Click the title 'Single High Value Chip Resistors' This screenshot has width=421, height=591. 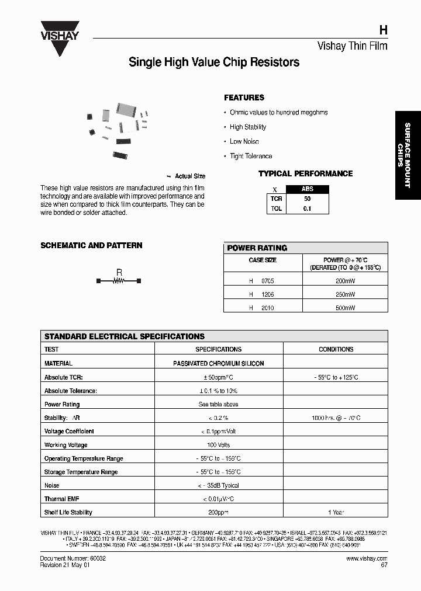click(x=214, y=62)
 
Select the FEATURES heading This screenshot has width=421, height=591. click(x=244, y=98)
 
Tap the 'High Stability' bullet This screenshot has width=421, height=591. click(x=247, y=127)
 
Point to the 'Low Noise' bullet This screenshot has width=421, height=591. click(x=244, y=141)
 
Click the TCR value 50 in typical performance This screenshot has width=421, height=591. click(x=307, y=199)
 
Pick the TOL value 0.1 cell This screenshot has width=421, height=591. click(x=307, y=208)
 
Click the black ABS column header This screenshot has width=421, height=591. click(x=307, y=189)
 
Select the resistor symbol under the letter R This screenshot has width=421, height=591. click(x=119, y=281)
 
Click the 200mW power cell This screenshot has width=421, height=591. click(x=345, y=281)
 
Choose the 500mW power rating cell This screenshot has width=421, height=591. click(x=345, y=308)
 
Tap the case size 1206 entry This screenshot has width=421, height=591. click(x=267, y=294)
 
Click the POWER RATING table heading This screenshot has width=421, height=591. click(x=257, y=248)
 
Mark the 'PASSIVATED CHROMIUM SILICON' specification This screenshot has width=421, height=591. click(x=218, y=363)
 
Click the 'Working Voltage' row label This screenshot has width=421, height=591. click(x=65, y=445)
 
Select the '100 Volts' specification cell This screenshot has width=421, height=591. click(x=218, y=445)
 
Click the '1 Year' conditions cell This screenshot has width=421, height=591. click(x=336, y=512)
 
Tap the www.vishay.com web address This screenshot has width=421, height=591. click(x=367, y=558)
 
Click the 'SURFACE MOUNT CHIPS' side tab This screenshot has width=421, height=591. click(x=408, y=155)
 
